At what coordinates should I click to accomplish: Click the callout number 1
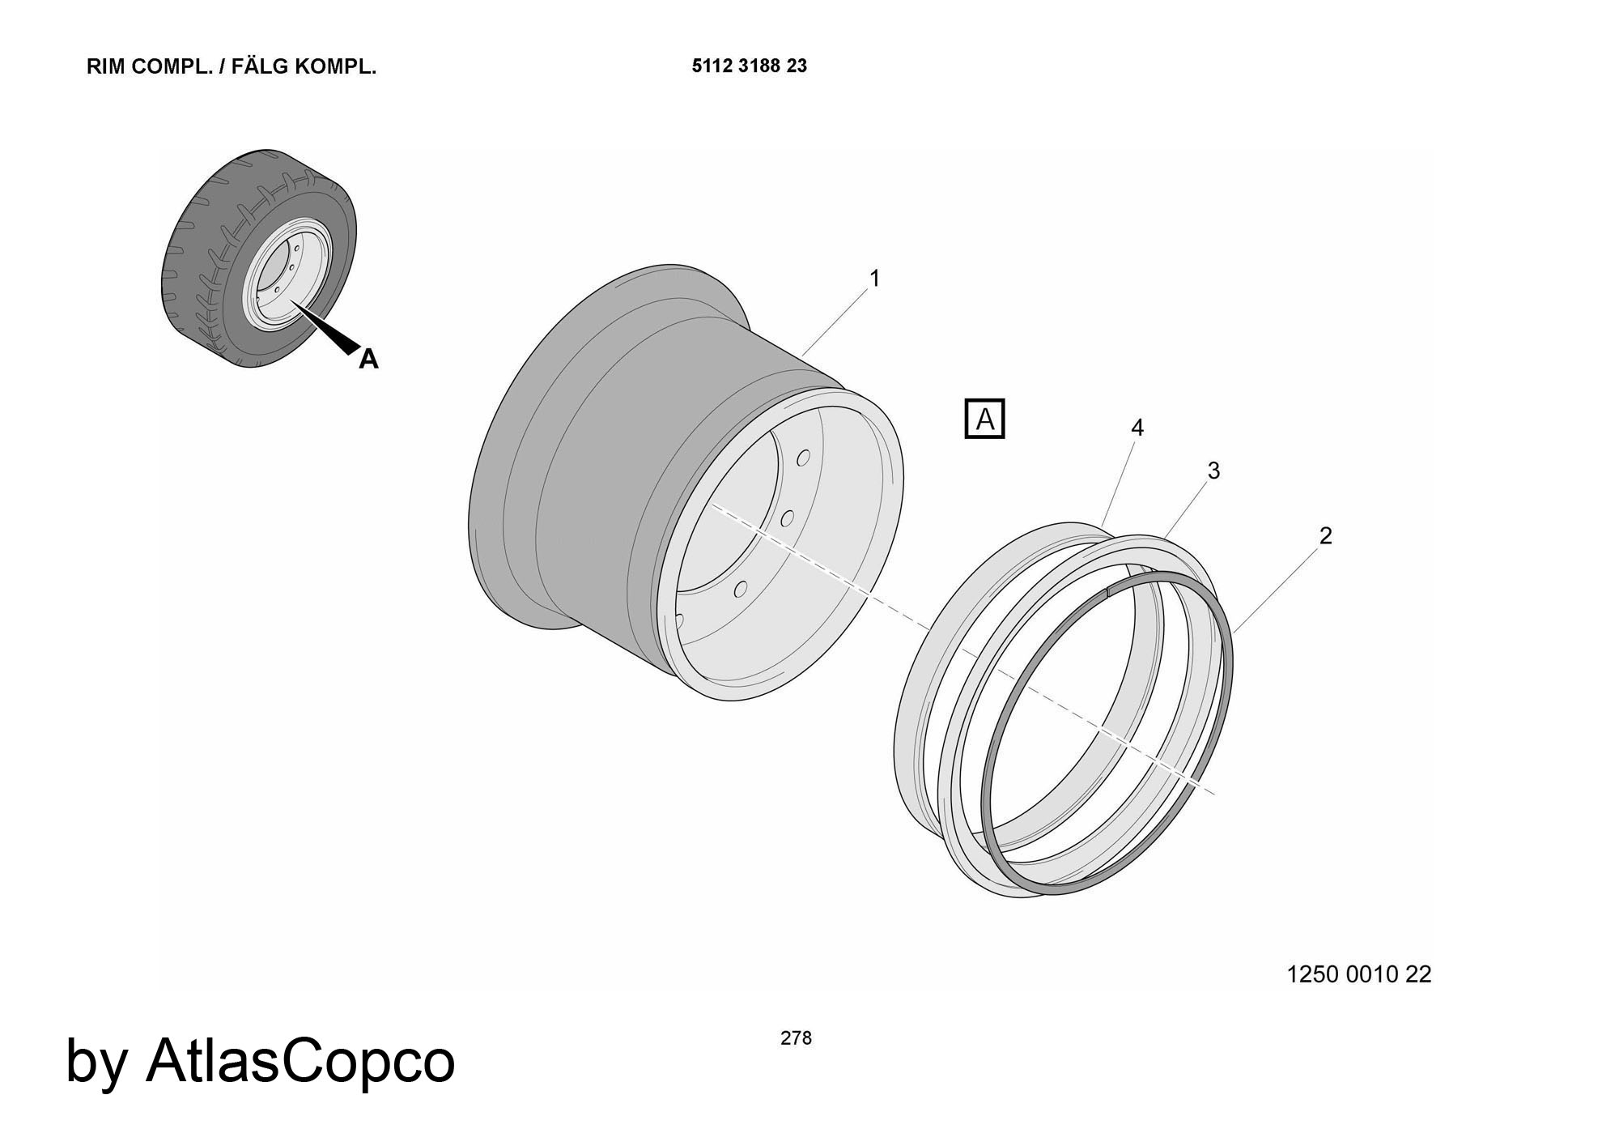tap(874, 279)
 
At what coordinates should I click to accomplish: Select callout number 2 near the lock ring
tap(1325, 535)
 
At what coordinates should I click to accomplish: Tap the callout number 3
tap(1213, 471)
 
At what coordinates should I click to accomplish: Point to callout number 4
tap(1137, 428)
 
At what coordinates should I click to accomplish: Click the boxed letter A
tap(985, 419)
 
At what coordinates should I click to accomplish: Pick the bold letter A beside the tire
tap(368, 359)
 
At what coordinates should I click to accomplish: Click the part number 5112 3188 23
tap(750, 66)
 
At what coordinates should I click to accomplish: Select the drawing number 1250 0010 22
tap(1359, 974)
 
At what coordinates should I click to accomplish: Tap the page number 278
tap(796, 1038)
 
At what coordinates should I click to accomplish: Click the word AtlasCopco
tap(300, 1060)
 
